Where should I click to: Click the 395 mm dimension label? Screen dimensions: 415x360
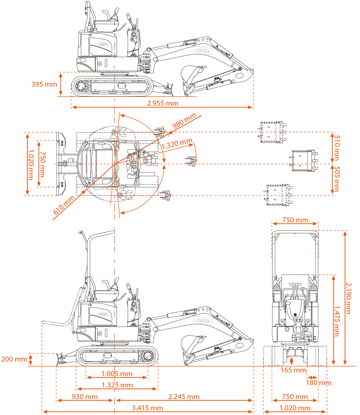point(44,84)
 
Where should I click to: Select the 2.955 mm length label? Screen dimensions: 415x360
point(163,103)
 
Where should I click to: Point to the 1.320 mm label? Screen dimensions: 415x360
point(177,144)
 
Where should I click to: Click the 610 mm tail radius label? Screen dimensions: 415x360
point(64,205)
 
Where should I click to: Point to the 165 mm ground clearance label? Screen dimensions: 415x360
point(293,370)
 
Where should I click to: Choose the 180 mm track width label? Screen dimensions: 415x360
point(318,383)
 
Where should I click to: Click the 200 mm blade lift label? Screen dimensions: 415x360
point(14,359)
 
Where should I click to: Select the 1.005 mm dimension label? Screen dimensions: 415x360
point(117,374)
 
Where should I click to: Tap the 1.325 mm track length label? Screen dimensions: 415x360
point(117,385)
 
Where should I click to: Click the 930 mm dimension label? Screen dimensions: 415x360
point(85,397)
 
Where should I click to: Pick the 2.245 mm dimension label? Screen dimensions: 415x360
point(184,397)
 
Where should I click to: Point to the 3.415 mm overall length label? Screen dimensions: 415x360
point(147,408)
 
